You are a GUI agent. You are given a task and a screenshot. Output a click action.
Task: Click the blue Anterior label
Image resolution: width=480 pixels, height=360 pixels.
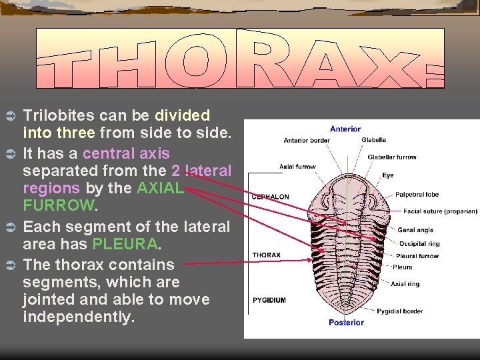point(345,129)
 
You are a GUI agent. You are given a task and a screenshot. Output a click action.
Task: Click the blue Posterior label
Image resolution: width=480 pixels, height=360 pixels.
point(346,323)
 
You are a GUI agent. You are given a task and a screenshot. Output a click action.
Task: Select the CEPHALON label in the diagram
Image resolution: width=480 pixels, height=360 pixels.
point(270,197)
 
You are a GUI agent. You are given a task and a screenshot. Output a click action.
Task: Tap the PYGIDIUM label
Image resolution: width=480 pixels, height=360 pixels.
point(269,300)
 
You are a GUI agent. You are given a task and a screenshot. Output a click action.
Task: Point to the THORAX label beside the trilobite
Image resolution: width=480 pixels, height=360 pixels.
point(266,255)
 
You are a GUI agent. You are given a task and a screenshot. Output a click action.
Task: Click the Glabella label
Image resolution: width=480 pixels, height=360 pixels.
point(373,140)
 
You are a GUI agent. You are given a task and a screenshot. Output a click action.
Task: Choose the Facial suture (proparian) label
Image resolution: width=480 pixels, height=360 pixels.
point(440,211)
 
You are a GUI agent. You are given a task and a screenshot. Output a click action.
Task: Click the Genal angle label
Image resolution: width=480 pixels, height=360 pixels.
point(415,230)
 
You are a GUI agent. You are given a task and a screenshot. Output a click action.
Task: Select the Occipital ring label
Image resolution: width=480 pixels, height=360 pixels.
point(419,243)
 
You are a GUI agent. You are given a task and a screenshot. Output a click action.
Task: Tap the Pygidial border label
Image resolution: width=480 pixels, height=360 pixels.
point(399,311)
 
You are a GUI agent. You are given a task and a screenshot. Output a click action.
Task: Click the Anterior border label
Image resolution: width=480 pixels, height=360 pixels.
point(306,140)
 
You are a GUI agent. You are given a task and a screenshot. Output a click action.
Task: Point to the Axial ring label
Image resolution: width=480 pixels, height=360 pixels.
point(405,284)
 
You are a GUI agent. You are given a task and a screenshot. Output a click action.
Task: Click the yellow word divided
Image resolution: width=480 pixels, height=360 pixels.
point(182,116)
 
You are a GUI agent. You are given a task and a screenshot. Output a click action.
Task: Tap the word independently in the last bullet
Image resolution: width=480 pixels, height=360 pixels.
point(79,317)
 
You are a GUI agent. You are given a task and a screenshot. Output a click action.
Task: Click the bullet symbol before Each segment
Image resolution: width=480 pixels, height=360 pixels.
point(10,227)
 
